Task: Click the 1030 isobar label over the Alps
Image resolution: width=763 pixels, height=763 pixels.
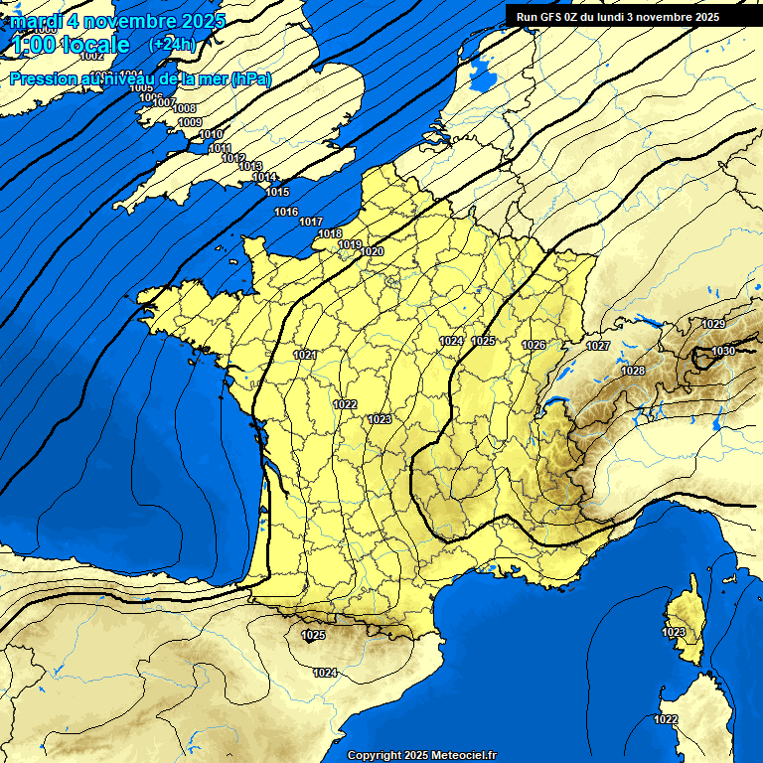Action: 722,351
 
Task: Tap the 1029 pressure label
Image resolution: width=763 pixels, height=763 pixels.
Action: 712,325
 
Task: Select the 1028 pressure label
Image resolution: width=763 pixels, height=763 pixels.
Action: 633,371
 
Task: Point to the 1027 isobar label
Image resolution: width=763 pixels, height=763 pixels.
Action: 597,346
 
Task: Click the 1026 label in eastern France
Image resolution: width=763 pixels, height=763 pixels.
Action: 534,345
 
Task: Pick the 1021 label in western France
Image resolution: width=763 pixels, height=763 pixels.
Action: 305,355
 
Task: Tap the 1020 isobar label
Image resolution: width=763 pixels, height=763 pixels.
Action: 372,252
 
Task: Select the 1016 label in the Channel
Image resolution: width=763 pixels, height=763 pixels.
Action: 286,212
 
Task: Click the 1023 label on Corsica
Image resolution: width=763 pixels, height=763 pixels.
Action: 674,632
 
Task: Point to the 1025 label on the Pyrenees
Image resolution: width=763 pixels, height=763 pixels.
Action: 313,635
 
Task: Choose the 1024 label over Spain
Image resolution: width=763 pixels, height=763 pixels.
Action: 325,673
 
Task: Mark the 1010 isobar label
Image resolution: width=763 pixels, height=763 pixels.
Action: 211,135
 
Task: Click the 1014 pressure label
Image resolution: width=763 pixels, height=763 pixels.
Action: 264,178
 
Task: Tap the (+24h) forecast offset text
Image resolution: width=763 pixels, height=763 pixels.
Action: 172,44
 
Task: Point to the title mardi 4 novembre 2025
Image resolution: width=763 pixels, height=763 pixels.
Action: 117,20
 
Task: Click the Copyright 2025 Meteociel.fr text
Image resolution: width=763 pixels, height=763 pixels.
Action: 421,755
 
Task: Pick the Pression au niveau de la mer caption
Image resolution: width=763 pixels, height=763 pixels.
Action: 139,78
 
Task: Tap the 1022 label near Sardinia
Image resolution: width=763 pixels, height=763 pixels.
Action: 666,719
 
